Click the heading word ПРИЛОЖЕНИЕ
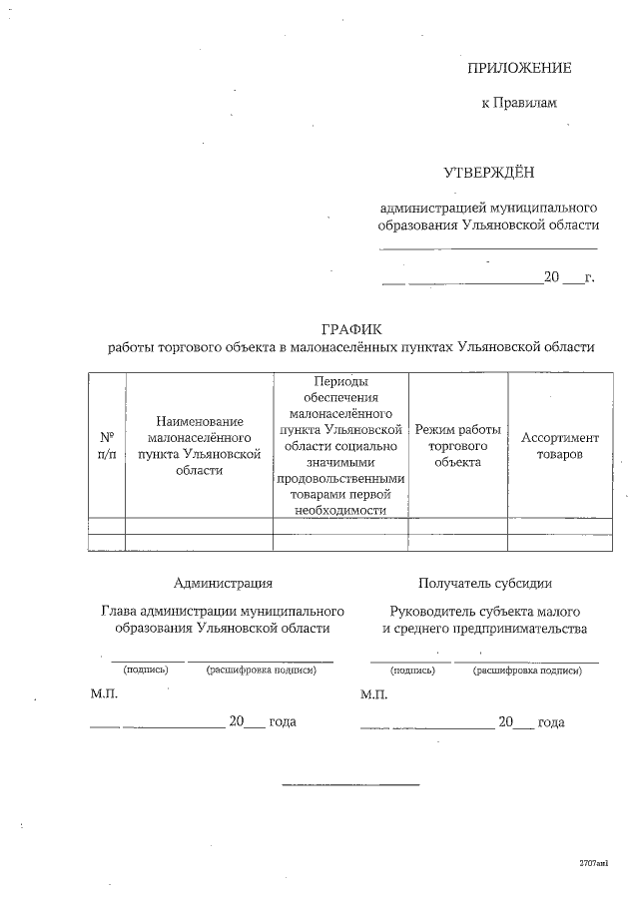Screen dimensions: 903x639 [519, 68]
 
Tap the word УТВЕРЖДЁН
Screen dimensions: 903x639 [489, 173]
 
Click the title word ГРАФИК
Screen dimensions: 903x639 [351, 328]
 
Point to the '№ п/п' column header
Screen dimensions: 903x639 [107, 445]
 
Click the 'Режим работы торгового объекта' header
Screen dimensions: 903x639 [457, 445]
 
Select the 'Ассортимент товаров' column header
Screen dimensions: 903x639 [560, 445]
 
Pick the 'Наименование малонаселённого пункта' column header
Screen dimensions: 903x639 [199, 445]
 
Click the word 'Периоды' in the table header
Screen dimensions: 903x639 [340, 381]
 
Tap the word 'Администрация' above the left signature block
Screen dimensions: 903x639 [223, 584]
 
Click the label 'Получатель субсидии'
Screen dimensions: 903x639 [485, 584]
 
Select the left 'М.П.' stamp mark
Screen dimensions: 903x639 [105, 693]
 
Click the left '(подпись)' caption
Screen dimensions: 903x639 [146, 670]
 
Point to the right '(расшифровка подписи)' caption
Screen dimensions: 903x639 [526, 671]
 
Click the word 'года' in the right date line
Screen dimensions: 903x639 [551, 721]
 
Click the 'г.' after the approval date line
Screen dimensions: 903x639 [589, 277]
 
